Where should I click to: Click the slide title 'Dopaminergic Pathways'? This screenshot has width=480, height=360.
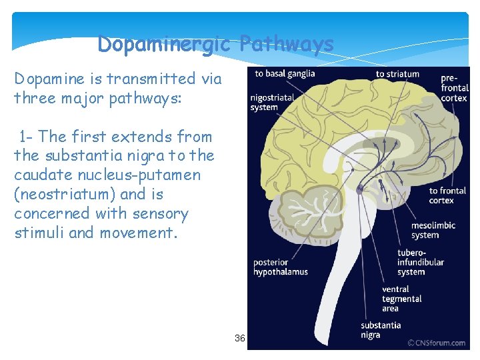215,44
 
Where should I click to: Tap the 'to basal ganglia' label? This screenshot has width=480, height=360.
285,73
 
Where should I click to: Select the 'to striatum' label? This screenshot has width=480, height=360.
397,74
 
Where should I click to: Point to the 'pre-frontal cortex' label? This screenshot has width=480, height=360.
454,88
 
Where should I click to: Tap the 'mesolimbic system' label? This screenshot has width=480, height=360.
433,230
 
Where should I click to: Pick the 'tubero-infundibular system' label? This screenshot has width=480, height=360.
420,262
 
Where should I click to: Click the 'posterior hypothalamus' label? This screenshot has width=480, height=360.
280,267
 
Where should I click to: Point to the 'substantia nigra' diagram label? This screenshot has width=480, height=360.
381,330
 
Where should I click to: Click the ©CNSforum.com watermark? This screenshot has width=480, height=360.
437,343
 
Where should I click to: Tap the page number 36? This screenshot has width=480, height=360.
240,339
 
